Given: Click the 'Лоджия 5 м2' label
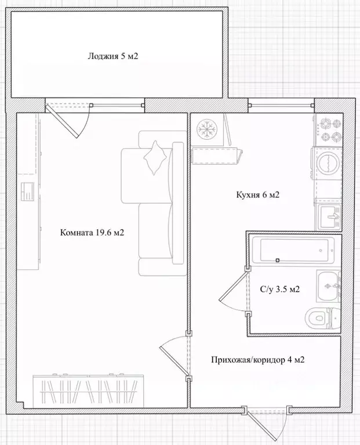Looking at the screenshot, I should click(112, 57).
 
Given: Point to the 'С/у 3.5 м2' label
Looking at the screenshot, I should click(280, 289).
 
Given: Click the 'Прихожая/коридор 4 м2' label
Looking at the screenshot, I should click(258, 360).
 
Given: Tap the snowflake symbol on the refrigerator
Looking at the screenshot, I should click(206, 128).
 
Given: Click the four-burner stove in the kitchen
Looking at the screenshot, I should click(330, 131).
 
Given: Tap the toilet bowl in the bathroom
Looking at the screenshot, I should click(319, 317).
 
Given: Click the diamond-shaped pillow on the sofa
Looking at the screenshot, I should click(156, 157).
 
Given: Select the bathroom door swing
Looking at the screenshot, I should click(235, 293).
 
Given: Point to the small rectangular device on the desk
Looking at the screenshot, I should click(28, 191).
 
